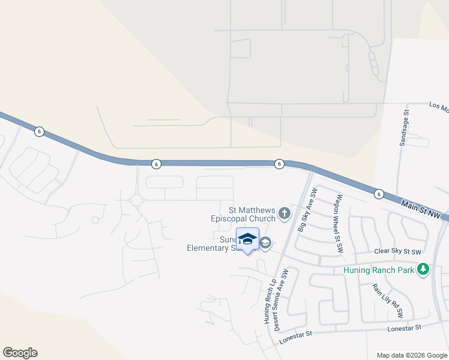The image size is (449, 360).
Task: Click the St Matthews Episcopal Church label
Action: pos(252,214)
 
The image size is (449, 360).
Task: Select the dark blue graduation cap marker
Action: pos(247,240)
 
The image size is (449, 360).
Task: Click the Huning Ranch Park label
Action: pos(379,270)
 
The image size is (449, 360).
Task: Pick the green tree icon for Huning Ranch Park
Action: pos(424,269)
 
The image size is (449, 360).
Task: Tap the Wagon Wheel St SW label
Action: pos(339,223)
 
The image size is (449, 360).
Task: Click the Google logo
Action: pos(20,353)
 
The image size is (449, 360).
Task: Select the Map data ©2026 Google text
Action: pos(411,355)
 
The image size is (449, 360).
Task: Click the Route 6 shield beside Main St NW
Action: pos(379,194)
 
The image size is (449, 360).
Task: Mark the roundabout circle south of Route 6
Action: pos(137,200)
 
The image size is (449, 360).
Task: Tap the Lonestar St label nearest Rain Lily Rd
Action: pos(403,328)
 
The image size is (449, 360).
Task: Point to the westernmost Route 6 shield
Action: pos(39,131)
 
